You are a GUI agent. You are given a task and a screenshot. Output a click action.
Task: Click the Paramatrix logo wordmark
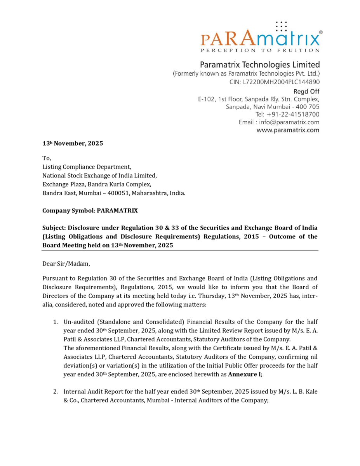(260, 39)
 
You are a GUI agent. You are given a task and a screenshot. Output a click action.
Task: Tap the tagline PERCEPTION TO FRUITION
(260, 50)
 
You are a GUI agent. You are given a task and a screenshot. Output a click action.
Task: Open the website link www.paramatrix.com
(288, 130)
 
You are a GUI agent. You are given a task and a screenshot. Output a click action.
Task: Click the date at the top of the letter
(73, 143)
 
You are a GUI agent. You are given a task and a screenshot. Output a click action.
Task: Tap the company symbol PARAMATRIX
(117, 211)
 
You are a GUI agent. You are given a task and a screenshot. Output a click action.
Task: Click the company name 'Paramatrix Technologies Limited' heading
(259, 64)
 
